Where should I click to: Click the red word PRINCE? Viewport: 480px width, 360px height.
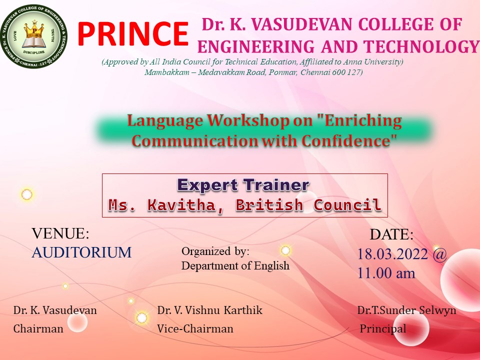[x=132, y=33]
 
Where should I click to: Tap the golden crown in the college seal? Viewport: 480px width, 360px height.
[x=34, y=30]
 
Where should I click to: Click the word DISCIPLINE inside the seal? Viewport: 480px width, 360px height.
[x=34, y=52]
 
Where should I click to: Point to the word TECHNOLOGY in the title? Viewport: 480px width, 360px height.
[x=421, y=47]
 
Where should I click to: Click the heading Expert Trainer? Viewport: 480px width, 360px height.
[x=243, y=185]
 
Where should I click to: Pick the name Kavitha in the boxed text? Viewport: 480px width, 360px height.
[x=182, y=205]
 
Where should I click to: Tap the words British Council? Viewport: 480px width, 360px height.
[x=308, y=205]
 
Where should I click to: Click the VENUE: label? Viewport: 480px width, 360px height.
[x=60, y=233]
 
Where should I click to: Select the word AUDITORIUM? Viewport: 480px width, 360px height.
[x=81, y=252]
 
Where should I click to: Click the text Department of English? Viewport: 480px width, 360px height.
[x=235, y=265]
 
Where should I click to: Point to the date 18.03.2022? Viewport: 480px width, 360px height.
[x=392, y=254]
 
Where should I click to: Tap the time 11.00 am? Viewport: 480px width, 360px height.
[x=386, y=273]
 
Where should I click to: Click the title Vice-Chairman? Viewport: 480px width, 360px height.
[x=195, y=328]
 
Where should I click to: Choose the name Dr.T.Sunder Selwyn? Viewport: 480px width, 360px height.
[x=406, y=310]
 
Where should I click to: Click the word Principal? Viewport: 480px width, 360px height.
[x=383, y=328]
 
